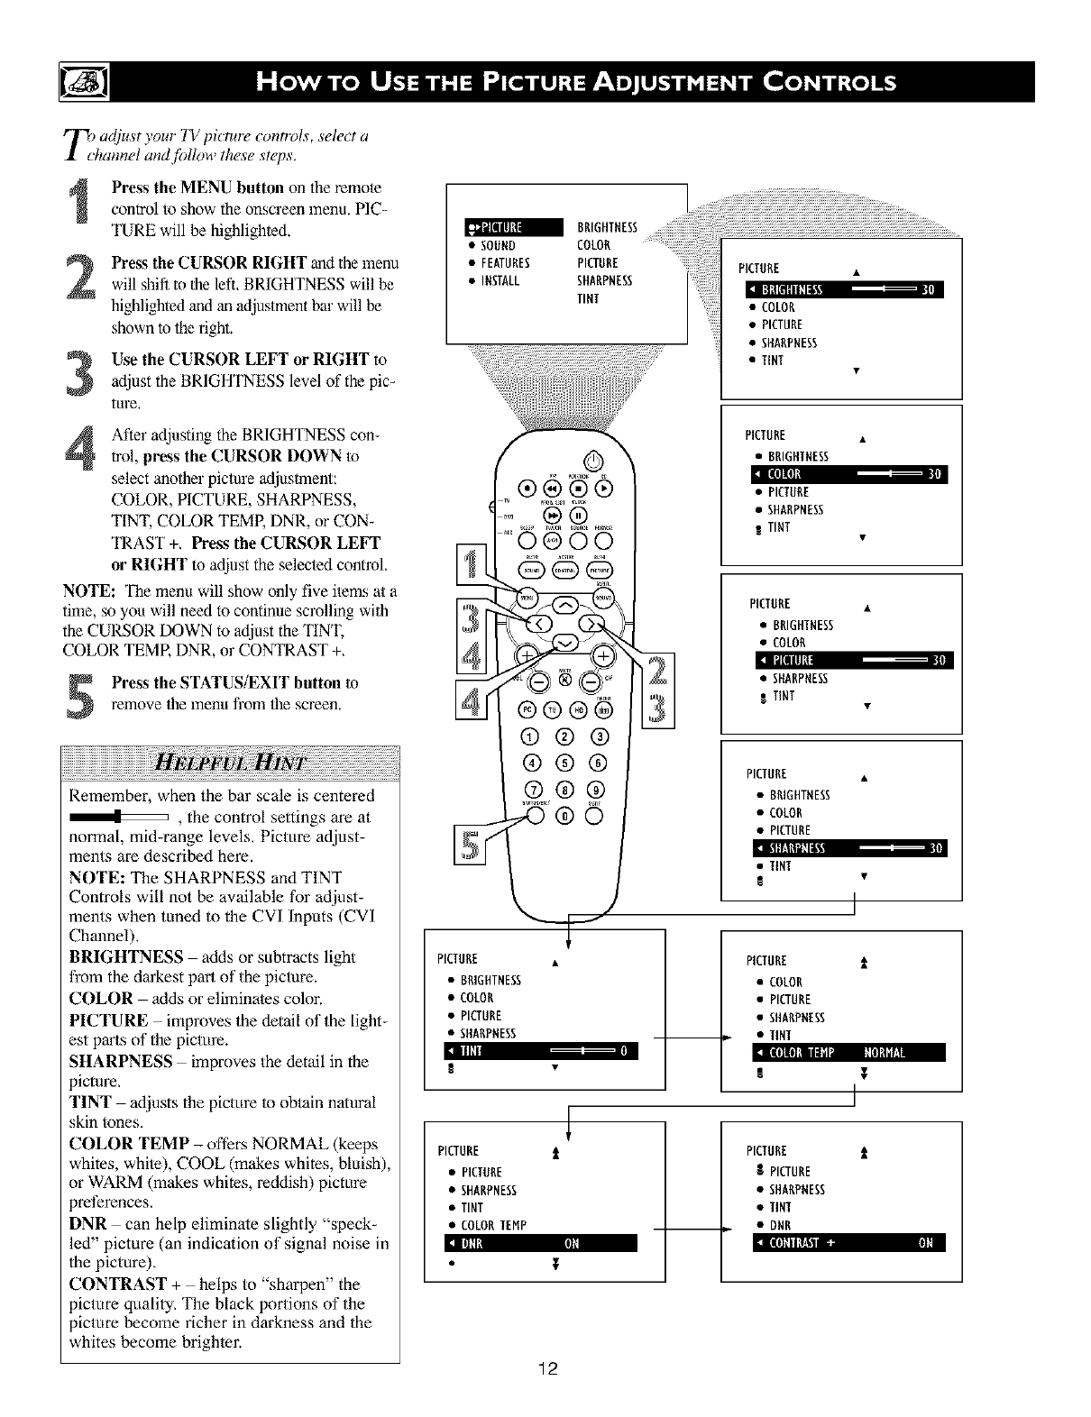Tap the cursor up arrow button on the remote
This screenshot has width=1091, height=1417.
(565, 604)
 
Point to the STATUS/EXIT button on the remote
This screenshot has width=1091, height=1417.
(536, 817)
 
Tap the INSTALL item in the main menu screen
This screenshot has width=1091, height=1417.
(500, 280)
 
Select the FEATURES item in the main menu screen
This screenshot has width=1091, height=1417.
(505, 263)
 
